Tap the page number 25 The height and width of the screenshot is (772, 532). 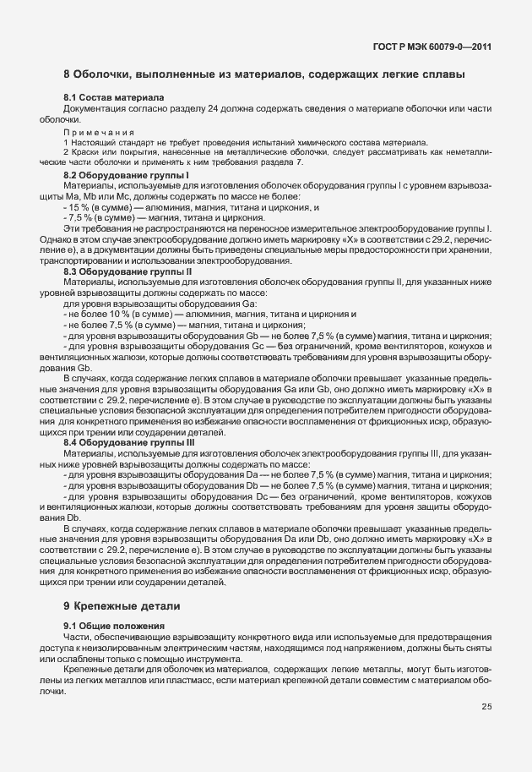pyautogui.click(x=486, y=707)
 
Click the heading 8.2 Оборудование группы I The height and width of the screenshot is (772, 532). pyautogui.click(x=121, y=175)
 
